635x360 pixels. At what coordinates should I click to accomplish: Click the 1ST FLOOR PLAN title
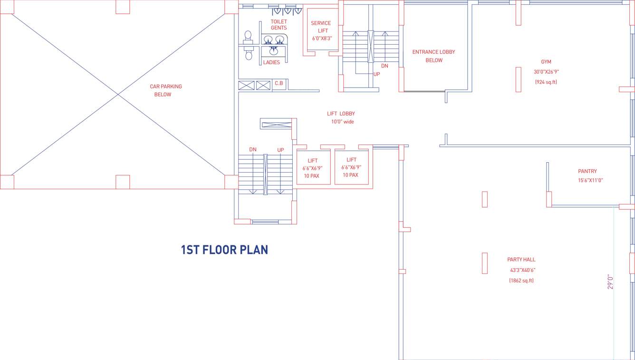click(224, 250)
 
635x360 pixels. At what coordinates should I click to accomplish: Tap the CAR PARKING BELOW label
click(165, 90)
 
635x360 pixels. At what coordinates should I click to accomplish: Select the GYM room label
click(546, 62)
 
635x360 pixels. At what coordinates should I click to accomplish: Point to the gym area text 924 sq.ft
click(546, 82)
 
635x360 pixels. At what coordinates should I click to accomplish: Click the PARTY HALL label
click(521, 260)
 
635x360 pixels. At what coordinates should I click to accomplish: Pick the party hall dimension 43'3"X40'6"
click(522, 270)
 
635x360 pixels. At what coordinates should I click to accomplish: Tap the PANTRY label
click(587, 171)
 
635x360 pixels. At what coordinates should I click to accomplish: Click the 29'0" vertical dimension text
click(611, 281)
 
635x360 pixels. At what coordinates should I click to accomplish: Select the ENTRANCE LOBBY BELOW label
click(433, 56)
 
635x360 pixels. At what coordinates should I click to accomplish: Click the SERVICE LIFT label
click(321, 27)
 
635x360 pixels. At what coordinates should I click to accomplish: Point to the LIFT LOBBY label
click(341, 114)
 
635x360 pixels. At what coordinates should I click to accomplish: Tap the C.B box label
click(279, 84)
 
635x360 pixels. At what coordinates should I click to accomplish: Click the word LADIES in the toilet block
click(271, 62)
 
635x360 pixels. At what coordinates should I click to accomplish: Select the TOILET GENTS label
click(279, 25)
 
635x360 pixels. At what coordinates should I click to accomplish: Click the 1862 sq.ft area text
click(521, 281)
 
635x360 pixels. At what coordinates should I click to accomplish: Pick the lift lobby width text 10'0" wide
click(342, 122)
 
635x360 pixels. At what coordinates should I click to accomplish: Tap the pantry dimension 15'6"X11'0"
click(590, 180)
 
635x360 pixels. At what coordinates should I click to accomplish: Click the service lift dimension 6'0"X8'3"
click(322, 39)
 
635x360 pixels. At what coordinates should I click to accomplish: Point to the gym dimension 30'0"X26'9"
click(546, 72)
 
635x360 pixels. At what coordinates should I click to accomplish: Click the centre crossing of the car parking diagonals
click(118, 94)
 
